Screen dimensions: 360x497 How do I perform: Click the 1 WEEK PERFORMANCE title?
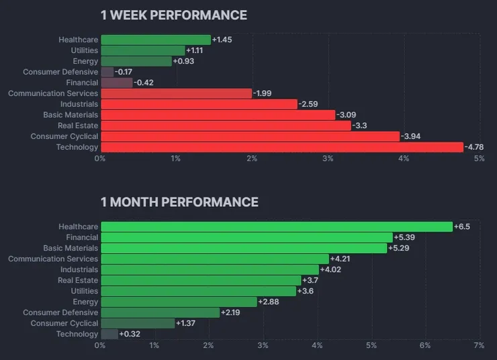[x=173, y=15]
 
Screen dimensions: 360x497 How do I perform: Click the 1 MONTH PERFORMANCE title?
[x=179, y=201]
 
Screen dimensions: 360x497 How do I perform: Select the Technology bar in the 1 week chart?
[x=281, y=147]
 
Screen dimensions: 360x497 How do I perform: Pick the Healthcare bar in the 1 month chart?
[x=276, y=226]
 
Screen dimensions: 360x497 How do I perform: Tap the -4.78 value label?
[x=475, y=147]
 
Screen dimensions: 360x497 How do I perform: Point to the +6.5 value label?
[x=462, y=226]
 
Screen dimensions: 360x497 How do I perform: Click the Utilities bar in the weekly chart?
[x=142, y=50]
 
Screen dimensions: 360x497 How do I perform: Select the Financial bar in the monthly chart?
[x=246, y=237]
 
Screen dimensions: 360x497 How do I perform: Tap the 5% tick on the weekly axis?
[x=480, y=159]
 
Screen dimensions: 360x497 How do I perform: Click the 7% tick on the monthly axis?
[x=479, y=345]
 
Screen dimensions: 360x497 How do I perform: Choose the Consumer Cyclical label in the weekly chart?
[x=64, y=136]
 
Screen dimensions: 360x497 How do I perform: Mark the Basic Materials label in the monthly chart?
[x=71, y=248]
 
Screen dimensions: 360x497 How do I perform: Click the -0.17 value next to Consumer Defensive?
[x=124, y=72]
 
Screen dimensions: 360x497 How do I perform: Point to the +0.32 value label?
[x=130, y=334]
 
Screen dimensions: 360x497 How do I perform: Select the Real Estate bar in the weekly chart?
[x=226, y=126]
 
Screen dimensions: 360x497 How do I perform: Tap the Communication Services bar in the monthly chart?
[x=214, y=259]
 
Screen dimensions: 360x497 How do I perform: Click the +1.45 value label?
[x=222, y=40]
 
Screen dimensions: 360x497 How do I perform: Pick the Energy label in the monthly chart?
[x=85, y=302]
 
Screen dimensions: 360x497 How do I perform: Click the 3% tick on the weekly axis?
[x=328, y=159]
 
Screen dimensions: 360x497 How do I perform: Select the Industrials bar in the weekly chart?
[x=199, y=104]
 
